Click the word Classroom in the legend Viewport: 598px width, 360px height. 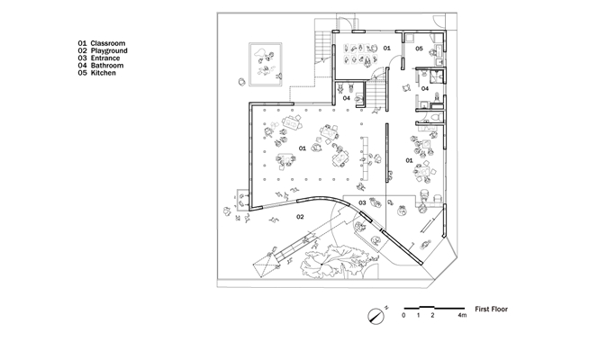108,43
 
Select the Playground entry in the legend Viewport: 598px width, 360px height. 109,50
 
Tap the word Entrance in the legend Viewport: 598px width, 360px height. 105,58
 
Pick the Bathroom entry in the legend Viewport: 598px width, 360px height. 107,66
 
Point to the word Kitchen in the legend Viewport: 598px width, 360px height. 104,73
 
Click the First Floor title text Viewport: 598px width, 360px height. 491,310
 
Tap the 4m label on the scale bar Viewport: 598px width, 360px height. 462,315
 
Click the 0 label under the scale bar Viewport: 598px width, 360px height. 403,315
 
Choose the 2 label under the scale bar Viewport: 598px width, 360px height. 432,315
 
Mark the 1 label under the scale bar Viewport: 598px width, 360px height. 419,315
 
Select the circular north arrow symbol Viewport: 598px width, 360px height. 376,316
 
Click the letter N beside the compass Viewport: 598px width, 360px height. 386,307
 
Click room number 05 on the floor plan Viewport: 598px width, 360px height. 419,49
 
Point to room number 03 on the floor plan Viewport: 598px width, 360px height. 362,202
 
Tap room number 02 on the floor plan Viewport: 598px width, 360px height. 300,217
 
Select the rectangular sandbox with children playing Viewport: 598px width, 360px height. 266,65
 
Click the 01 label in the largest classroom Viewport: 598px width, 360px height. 302,148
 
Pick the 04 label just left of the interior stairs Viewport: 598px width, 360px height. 347,98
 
